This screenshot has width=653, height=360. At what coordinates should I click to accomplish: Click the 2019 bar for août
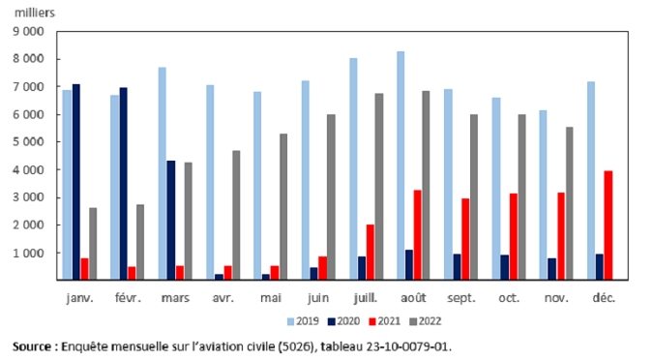pos(401,165)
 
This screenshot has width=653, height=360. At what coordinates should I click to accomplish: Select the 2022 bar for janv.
pos(93,244)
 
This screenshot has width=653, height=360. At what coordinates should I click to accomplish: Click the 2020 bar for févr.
pos(123,184)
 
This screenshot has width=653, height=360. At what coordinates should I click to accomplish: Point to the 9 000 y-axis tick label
pos(29,31)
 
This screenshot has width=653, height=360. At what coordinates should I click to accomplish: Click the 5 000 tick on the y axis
pos(29,142)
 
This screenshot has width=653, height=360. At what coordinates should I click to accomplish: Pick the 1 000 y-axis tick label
pos(29,254)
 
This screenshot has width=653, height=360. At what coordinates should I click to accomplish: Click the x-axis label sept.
pos(462,298)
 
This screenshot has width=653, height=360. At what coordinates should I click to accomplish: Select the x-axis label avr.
pos(223,298)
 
